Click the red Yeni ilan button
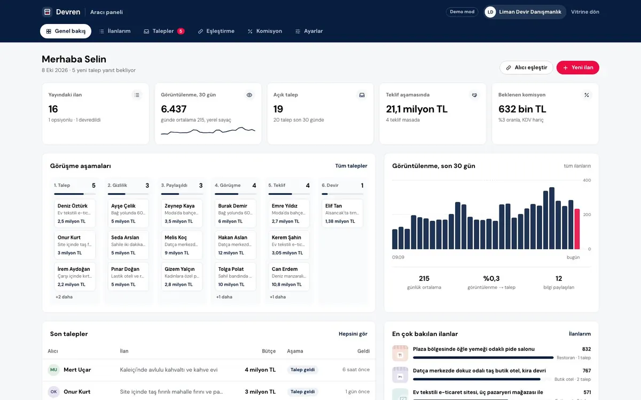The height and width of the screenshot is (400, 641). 577,67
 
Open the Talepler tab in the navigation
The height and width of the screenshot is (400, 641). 164,31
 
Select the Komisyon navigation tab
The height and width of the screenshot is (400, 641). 265,31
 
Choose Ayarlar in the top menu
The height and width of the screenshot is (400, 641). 309,31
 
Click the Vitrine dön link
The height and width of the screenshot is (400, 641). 585,12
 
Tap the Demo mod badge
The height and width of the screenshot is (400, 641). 462,12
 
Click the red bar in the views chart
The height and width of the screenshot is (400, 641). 577,229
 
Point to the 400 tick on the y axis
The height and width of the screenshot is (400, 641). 587,180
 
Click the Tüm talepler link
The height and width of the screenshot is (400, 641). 351,166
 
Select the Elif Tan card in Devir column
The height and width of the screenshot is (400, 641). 342,213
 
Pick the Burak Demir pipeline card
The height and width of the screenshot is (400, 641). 235,213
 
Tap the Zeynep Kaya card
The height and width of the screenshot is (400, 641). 182,213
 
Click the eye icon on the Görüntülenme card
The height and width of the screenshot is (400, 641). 249,95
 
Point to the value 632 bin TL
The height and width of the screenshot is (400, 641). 522,109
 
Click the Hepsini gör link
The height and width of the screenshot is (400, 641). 353,334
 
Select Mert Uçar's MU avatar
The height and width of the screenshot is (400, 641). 53,370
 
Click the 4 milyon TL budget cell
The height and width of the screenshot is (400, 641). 260,370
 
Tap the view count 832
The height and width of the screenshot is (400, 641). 587,349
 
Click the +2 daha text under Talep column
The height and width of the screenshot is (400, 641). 64,297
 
